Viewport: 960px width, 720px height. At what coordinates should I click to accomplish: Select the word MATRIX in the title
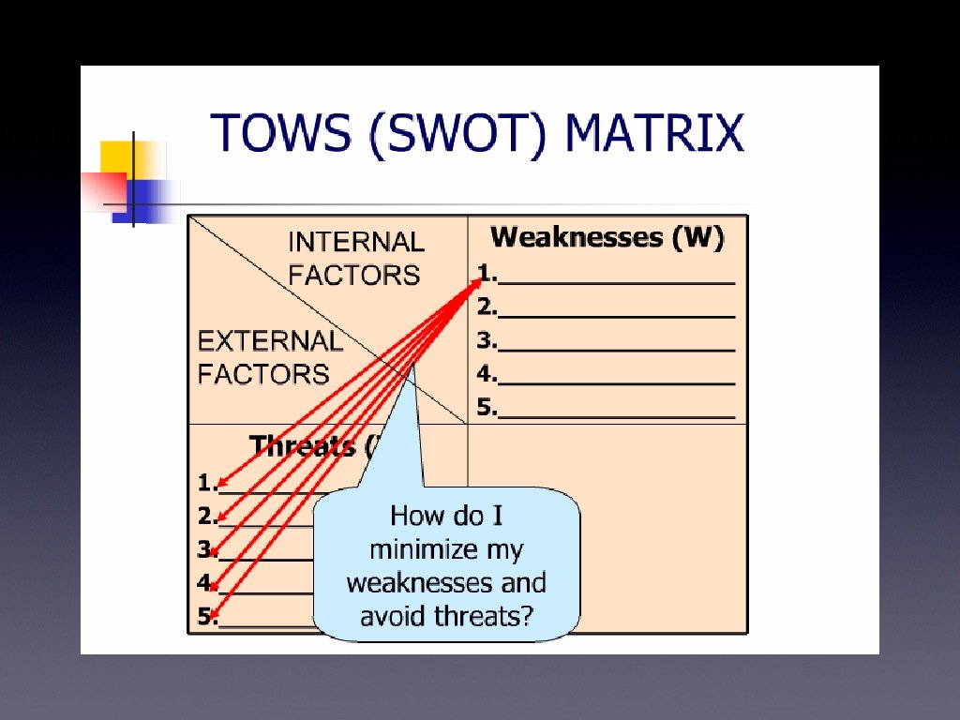[652, 133]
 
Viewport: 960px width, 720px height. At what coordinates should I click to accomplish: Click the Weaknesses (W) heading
[607, 237]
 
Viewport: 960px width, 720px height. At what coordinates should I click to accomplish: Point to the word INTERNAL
[355, 242]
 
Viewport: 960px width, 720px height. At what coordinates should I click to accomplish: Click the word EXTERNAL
[270, 340]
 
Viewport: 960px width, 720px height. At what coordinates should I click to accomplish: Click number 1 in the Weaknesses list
[485, 273]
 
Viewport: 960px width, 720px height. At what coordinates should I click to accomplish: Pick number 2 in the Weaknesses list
[485, 307]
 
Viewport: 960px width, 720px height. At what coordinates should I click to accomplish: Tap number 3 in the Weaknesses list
[485, 340]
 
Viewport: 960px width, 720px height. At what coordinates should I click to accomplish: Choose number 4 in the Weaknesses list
[485, 374]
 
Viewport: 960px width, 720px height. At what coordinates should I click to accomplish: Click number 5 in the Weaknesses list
[485, 408]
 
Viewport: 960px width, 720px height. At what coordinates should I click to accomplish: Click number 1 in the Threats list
[205, 483]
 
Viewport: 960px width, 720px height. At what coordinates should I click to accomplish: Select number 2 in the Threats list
[205, 516]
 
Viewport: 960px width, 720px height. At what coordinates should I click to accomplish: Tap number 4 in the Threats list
[205, 583]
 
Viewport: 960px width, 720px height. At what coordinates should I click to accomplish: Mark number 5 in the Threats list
[205, 617]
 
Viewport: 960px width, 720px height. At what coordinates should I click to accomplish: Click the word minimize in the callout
[445, 549]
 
